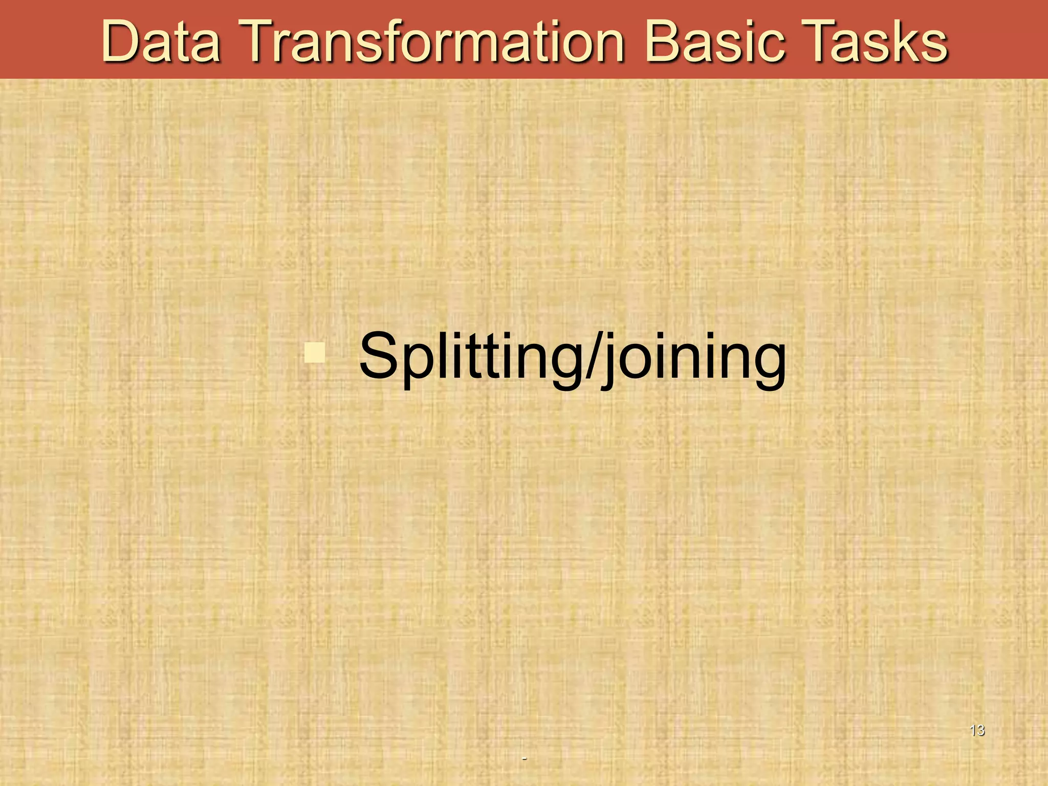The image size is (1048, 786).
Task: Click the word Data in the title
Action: (x=161, y=42)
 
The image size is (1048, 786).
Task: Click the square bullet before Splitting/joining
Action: (x=315, y=353)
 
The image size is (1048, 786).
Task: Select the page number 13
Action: (x=977, y=730)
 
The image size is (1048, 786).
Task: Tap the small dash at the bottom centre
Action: (x=524, y=758)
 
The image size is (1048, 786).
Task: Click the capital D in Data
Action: (x=121, y=42)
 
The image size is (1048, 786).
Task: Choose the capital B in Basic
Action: (x=663, y=42)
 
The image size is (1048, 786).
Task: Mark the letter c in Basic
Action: (x=770, y=46)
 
